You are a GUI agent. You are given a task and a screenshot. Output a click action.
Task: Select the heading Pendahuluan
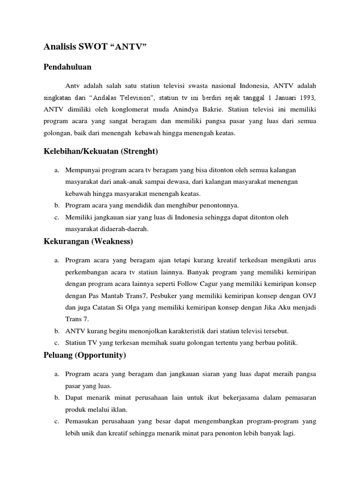tap(67, 67)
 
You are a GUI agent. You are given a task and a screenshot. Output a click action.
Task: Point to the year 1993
tap(305, 97)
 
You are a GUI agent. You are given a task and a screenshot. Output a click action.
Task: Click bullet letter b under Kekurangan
tap(56, 331)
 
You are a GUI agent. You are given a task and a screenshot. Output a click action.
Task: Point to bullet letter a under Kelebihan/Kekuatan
tap(56, 169)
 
